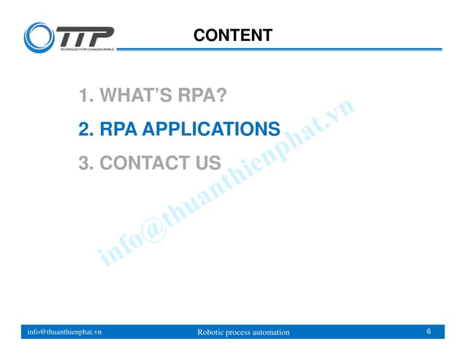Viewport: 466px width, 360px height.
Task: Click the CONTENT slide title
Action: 233,35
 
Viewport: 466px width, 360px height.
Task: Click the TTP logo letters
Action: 85,36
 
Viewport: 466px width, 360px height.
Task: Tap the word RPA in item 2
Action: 118,130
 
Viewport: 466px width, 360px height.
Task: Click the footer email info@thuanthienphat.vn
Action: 64,332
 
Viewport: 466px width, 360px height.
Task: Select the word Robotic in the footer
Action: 212,333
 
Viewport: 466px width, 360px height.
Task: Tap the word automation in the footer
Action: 270,333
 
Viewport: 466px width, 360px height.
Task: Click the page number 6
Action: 429,332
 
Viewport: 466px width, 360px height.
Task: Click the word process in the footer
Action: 240,333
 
